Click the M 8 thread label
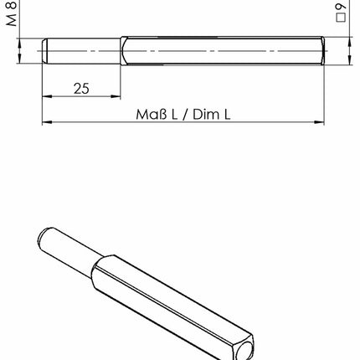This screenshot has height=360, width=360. (10, 15)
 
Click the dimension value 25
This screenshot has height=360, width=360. (81, 89)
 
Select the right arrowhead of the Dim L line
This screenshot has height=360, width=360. (320, 123)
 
